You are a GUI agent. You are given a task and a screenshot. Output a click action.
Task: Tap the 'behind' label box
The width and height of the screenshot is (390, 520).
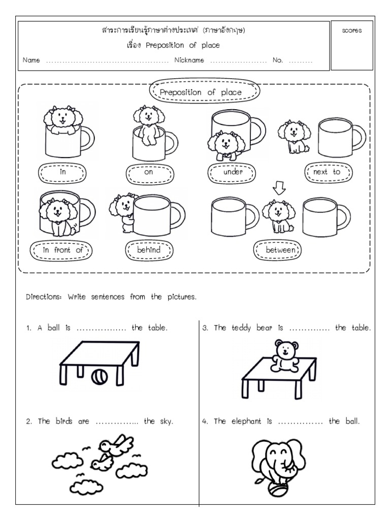(148, 250)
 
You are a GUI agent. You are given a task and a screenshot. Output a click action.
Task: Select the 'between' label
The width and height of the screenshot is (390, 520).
(277, 250)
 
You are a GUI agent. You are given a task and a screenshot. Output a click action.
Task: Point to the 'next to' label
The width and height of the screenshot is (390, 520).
(328, 172)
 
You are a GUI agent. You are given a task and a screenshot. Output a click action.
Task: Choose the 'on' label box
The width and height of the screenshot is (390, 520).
(148, 172)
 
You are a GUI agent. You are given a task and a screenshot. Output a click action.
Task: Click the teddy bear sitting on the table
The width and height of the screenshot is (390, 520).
(286, 353)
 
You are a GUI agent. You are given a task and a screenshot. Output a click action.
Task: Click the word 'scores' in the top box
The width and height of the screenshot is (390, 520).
(351, 30)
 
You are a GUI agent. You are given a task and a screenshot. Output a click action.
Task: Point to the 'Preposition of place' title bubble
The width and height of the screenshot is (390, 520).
(204, 92)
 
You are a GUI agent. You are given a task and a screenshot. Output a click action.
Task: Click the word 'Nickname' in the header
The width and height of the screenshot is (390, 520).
(189, 60)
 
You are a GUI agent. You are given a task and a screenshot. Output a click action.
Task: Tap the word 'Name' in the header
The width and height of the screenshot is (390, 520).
(31, 60)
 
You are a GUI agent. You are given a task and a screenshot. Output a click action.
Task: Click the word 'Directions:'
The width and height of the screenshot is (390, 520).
(43, 297)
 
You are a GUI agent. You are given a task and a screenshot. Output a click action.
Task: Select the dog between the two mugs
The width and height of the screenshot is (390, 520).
(278, 216)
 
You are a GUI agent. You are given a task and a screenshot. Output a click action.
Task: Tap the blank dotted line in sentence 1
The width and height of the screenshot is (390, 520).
(101, 329)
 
